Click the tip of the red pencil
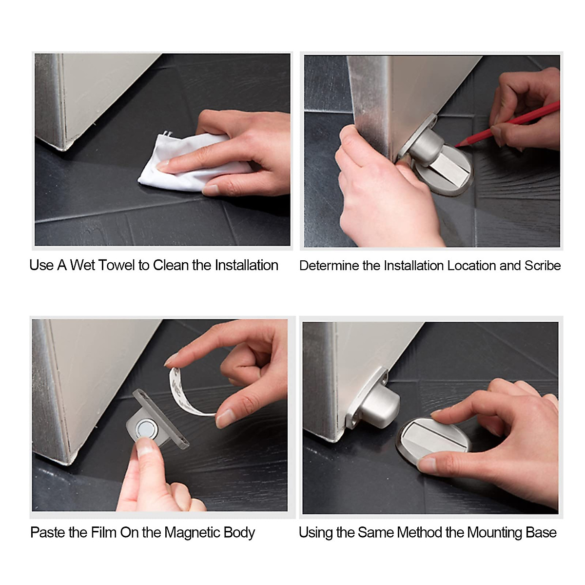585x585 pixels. tap(455, 147)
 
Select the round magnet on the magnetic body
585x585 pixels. tap(146, 429)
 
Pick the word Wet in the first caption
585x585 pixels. tap(82, 265)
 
